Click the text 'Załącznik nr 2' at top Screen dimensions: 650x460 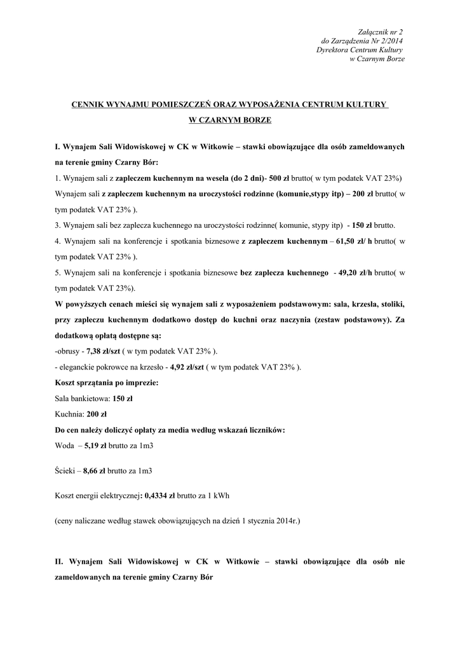pyautogui.click(x=381, y=31)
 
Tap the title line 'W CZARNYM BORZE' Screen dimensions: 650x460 pyautogui.click(x=229, y=119)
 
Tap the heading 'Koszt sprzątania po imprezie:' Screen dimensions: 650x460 pyautogui.click(x=107, y=383)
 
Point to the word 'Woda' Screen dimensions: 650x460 pyautogui.click(x=64, y=445)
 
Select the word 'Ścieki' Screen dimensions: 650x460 pyautogui.click(x=65, y=471)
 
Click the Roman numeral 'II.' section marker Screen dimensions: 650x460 pyautogui.click(x=60, y=562)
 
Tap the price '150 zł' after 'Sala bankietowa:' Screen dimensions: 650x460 pyautogui.click(x=122, y=399)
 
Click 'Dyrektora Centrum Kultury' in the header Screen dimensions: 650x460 pyautogui.click(x=360, y=50)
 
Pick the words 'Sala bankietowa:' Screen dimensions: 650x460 pyautogui.click(x=83, y=399)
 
